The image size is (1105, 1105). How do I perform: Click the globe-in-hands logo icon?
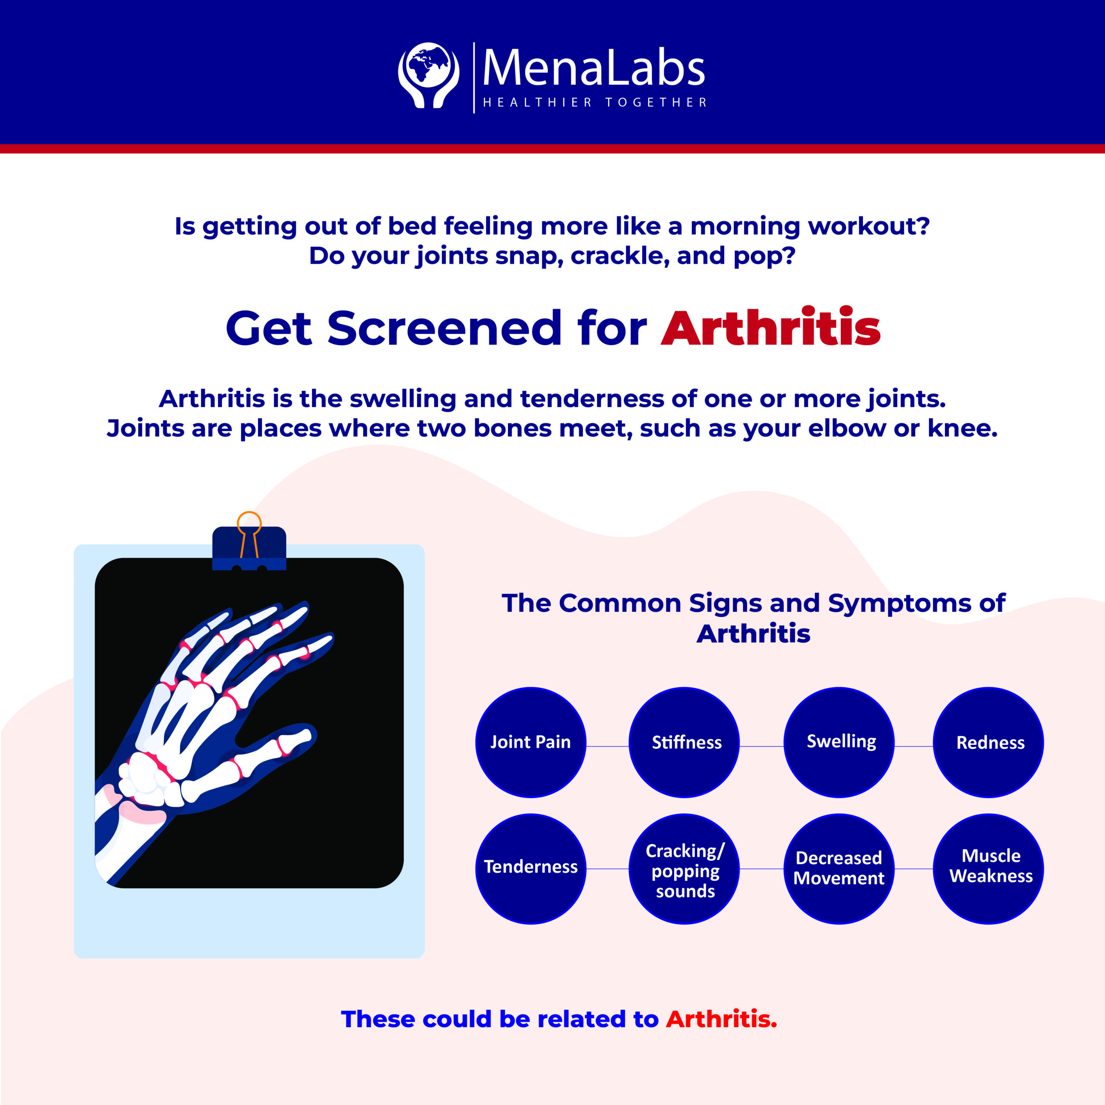click(x=428, y=75)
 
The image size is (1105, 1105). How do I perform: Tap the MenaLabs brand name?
click(x=594, y=69)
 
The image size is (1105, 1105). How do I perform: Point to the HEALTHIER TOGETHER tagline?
click(x=595, y=102)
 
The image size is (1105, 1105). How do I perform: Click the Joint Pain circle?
click(x=530, y=742)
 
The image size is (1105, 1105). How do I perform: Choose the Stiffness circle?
click(x=684, y=742)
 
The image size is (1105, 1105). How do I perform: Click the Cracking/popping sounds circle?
click(x=684, y=869)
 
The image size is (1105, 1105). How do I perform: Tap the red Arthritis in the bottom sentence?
click(x=721, y=1019)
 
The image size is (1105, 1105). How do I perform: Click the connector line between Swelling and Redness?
click(x=913, y=746)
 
